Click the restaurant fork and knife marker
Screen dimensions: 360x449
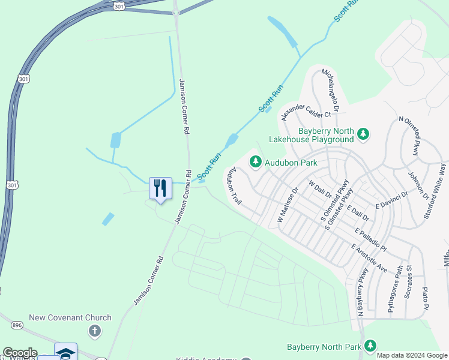point(160,188)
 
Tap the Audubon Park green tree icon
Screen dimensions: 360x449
point(256,161)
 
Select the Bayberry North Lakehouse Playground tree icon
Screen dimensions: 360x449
point(363,133)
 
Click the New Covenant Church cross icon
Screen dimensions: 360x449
point(94,331)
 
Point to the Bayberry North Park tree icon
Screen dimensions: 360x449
point(370,346)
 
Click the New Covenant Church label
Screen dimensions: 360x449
point(71,317)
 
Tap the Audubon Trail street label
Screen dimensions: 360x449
point(234,187)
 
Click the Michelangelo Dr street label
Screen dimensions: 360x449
point(331,91)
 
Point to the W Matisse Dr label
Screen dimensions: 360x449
point(288,206)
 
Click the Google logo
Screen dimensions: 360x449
point(20,353)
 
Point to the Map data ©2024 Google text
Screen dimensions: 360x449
point(412,355)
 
